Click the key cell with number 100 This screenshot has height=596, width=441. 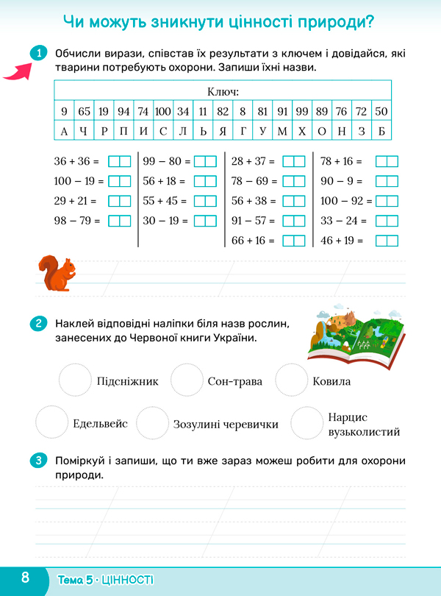(162, 112)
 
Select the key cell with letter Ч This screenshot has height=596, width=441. (84, 131)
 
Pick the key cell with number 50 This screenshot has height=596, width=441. (381, 112)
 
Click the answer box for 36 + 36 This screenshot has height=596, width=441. (119, 161)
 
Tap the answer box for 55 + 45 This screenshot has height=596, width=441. (206, 201)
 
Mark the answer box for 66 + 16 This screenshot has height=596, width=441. (294, 241)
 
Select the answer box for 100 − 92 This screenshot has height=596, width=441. (387, 201)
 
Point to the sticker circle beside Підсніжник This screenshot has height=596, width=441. (74, 380)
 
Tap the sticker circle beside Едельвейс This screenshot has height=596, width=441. (51, 423)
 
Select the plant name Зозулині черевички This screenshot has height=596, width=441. (226, 425)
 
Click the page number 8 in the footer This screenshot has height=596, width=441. (25, 577)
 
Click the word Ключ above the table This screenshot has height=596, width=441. (223, 93)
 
